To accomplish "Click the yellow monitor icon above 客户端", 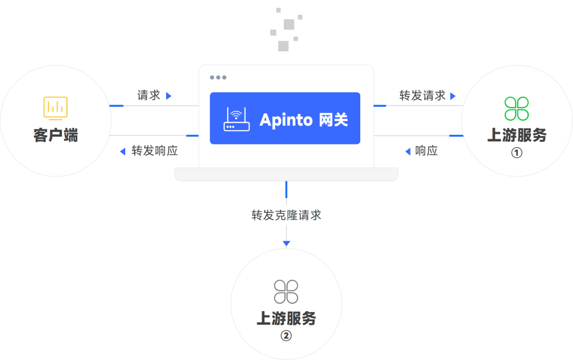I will click(x=56, y=108).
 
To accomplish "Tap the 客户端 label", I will click(x=56, y=135).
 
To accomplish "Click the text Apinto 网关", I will click(x=303, y=119).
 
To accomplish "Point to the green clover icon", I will click(x=516, y=109).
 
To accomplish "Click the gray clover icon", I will click(x=286, y=292).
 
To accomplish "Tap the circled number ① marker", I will click(x=517, y=153).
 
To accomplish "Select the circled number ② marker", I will click(x=286, y=336).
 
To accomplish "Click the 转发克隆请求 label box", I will click(x=286, y=216).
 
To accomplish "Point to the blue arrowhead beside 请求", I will click(x=169, y=96).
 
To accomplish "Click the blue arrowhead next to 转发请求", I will click(x=453, y=96).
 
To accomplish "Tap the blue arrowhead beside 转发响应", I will click(x=123, y=152).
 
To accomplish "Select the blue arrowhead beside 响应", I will click(x=407, y=152).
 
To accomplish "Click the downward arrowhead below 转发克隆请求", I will click(x=286, y=244).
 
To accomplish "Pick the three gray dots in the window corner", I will click(x=218, y=78).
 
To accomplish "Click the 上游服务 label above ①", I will click(x=517, y=135).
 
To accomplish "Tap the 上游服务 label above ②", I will click(x=286, y=318).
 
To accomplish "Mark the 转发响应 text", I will click(x=154, y=151).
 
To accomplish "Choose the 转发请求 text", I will click(x=422, y=96).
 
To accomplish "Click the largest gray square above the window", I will click(x=289, y=24).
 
